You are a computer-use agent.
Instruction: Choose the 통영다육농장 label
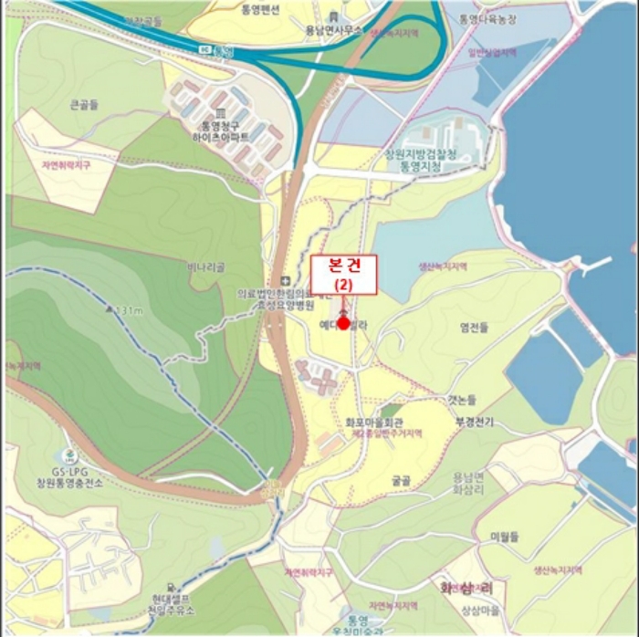[492, 18]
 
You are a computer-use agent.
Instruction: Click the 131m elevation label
[129, 310]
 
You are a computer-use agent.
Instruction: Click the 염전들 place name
[475, 326]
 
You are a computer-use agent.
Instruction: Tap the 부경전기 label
[475, 423]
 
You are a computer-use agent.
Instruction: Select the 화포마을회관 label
[374, 423]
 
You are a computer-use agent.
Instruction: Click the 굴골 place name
[401, 478]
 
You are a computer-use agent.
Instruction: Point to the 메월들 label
[504, 536]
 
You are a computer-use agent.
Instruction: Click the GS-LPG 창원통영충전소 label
[69, 475]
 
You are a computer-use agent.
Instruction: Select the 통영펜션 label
[262, 10]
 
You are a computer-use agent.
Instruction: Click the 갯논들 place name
[462, 400]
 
